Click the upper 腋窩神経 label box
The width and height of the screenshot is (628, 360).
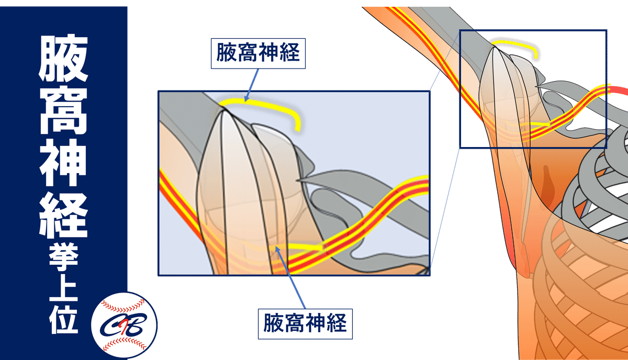tap(257, 54)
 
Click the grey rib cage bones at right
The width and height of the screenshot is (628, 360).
tap(602, 183)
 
